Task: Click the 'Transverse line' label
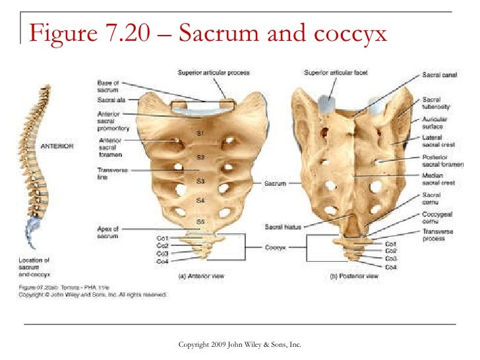[105, 173]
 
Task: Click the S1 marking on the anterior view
[200, 135]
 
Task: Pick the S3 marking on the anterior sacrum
[200, 180]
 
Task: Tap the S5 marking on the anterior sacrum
[200, 222]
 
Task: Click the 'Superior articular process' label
[208, 72]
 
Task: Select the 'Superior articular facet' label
[334, 72]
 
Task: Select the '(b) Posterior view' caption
[354, 277]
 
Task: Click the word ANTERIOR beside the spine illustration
[57, 147]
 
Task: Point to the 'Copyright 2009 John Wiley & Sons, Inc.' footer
[240, 345]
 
